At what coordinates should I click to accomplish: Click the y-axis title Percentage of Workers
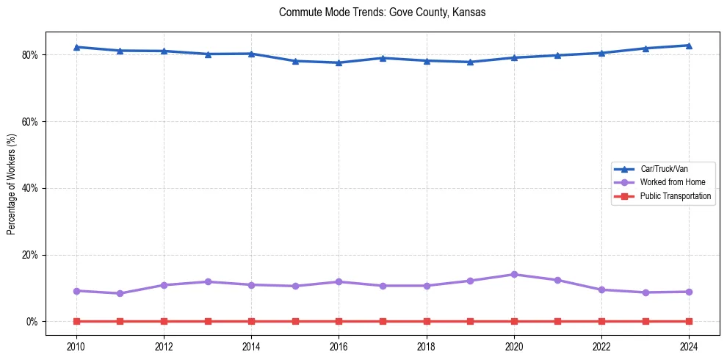(12, 184)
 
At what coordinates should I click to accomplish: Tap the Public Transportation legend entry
(675, 196)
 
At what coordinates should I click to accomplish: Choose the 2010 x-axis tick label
(76, 347)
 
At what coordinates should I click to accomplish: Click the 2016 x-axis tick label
(339, 347)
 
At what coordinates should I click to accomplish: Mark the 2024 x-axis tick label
(689, 347)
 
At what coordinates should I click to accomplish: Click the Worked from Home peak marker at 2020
(514, 275)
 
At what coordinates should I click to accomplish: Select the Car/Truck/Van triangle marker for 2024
(689, 46)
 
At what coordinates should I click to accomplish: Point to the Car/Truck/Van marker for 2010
(76, 47)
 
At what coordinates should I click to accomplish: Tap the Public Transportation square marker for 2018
(427, 321)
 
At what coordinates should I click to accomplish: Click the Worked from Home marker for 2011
(120, 293)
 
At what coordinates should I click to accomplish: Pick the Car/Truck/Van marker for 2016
(339, 62)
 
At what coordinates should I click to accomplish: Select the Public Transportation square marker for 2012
(164, 321)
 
